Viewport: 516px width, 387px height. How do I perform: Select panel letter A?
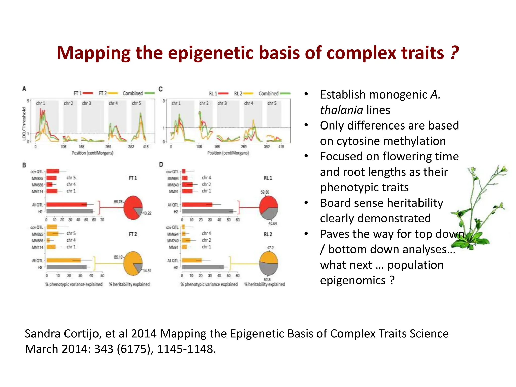coord(24,89)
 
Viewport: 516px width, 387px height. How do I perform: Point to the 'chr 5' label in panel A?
coord(137,103)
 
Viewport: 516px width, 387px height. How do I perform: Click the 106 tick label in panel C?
coord(199,147)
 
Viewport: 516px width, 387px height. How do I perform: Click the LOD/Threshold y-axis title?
coord(24,123)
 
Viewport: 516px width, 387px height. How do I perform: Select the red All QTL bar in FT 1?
coord(67,205)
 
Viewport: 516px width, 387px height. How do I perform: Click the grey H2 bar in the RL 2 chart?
coord(203,267)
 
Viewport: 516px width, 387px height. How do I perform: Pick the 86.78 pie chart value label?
coord(118,202)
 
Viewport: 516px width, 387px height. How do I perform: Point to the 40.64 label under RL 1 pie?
coord(272,223)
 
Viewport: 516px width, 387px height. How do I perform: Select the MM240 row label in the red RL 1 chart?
coord(173,185)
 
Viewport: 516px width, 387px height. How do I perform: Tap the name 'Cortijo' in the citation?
coord(85,334)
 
